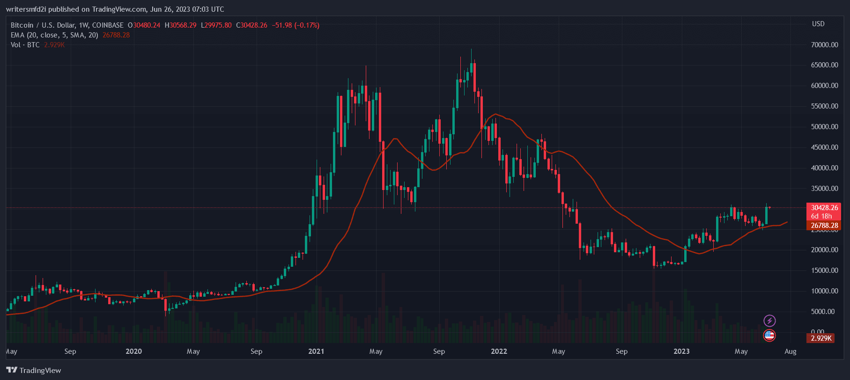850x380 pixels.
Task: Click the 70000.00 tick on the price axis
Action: pyautogui.click(x=824, y=45)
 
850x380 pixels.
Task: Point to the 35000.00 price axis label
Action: pyautogui.click(x=824, y=189)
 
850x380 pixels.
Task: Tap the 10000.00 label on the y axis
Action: pyautogui.click(x=824, y=291)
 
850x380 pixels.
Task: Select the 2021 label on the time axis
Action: pyautogui.click(x=316, y=351)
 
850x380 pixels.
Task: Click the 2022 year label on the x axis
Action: pyautogui.click(x=499, y=351)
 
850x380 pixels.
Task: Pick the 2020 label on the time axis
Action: pyautogui.click(x=134, y=351)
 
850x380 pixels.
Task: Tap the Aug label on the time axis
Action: pyautogui.click(x=791, y=351)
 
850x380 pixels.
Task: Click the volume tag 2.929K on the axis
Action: pyautogui.click(x=821, y=338)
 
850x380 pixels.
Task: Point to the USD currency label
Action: pyautogui.click(x=818, y=24)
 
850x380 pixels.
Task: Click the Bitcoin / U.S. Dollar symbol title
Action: pyautogui.click(x=67, y=25)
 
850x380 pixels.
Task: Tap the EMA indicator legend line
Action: pyautogui.click(x=54, y=35)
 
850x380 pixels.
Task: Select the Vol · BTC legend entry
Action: pyautogui.click(x=25, y=45)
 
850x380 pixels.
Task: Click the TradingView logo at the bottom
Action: pyautogui.click(x=34, y=370)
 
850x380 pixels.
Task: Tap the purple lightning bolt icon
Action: pyautogui.click(x=769, y=321)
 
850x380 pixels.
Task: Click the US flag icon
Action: pyautogui.click(x=769, y=335)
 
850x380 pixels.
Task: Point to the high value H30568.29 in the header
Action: pyautogui.click(x=183, y=25)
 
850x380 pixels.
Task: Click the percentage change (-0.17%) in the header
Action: pyautogui.click(x=307, y=25)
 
